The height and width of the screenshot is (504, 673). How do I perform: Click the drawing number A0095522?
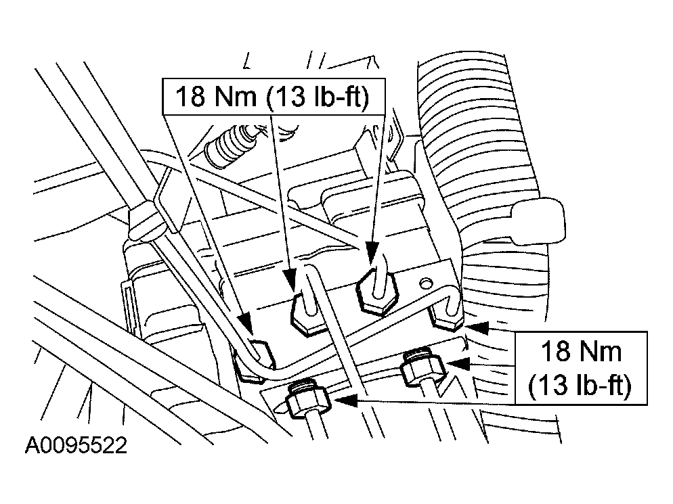pyautogui.click(x=76, y=445)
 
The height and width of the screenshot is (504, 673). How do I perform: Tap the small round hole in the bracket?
pyautogui.click(x=425, y=283)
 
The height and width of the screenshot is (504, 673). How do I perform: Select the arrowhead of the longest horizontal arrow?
pyautogui.click(x=345, y=400)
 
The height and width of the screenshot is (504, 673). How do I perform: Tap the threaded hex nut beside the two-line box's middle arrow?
pyautogui.click(x=422, y=366)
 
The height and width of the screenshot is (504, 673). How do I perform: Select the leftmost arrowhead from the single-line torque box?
pyautogui.click(x=246, y=323)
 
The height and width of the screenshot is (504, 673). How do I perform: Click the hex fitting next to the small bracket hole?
pyautogui.click(x=377, y=292)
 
